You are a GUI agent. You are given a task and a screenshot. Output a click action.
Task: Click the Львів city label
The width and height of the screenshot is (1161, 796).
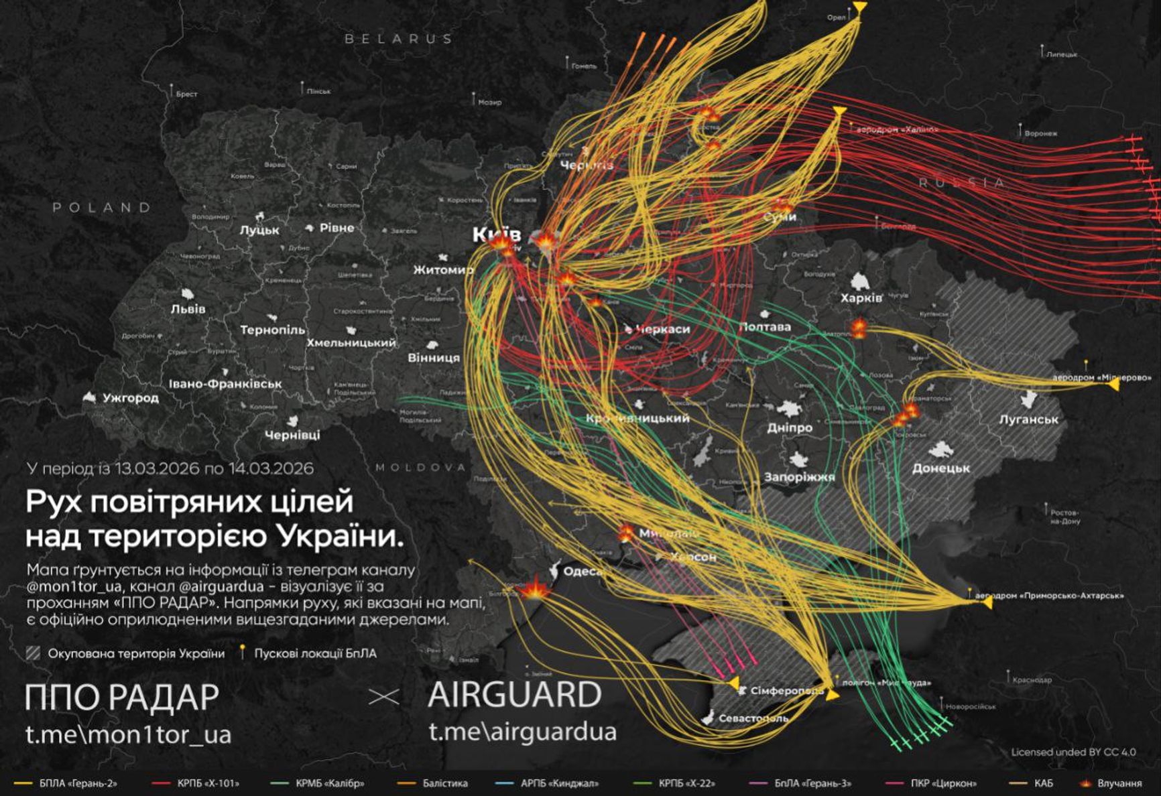[188, 309]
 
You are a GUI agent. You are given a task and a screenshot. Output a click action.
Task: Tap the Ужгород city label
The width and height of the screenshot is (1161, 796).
[131, 397]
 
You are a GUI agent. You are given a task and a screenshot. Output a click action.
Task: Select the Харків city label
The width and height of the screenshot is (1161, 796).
[861, 297]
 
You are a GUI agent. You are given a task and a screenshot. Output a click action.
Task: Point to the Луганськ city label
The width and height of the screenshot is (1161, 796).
[1028, 419]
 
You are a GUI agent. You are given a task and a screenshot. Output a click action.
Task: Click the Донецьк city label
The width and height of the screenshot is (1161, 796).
[940, 468]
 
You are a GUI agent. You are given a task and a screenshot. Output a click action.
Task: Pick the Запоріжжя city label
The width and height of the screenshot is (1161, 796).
[799, 477]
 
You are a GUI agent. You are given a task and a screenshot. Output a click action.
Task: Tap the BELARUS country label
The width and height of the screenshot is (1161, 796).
[398, 39]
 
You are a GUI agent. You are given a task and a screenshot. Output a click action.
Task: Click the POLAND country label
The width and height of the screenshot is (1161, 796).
[102, 208]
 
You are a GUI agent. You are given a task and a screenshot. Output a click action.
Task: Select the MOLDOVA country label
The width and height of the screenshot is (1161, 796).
[420, 468]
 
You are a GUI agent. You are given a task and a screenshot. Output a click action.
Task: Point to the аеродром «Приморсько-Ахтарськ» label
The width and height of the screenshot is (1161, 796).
[1049, 595]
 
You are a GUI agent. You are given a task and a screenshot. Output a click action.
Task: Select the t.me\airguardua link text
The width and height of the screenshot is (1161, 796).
[522, 732]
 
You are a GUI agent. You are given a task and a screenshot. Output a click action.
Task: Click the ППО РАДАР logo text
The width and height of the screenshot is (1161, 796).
[122, 698]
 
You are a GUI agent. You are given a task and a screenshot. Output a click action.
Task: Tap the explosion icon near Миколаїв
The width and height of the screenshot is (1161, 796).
[625, 533]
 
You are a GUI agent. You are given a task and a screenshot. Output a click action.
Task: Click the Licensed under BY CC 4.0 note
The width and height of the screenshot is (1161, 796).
[1073, 752]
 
